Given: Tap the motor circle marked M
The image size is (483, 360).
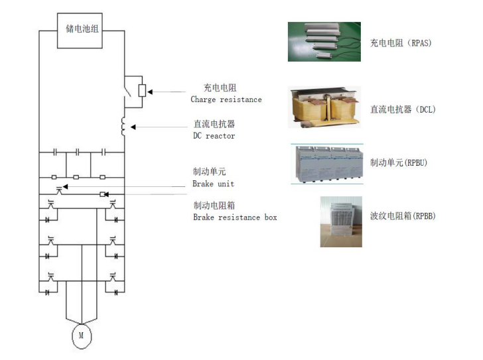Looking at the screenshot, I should click(82, 335).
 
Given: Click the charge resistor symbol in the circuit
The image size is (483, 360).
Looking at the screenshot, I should click(141, 90).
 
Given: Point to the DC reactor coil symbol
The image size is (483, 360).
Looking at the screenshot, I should click(123, 125).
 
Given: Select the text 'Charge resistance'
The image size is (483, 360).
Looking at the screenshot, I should click(226, 99).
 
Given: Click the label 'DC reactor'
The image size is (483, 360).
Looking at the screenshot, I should click(214, 135).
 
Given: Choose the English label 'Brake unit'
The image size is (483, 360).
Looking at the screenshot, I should click(214, 184).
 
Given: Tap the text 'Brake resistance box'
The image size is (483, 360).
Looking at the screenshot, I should click(235, 217).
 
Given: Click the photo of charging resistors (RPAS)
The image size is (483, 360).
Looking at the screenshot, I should click(324, 42).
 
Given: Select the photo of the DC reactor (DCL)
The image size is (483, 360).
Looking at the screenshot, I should click(324, 107).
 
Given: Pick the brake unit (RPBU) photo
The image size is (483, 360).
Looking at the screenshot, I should click(325, 162).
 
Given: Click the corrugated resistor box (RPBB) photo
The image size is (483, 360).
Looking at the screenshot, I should click(341, 221).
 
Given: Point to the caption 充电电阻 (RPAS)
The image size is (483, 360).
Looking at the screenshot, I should click(400, 44).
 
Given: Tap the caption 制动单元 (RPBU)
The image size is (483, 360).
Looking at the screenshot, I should click(400, 162).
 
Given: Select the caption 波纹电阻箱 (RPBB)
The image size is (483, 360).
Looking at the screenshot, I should click(402, 216).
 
